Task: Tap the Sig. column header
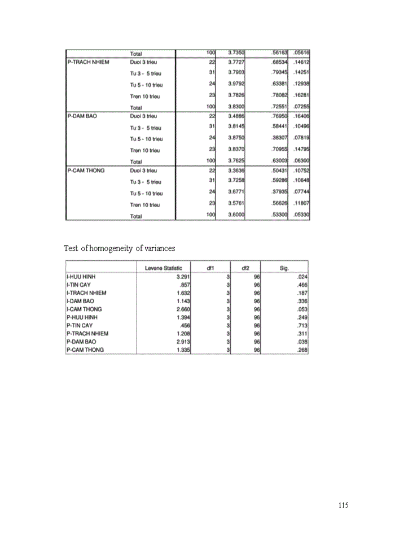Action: click(x=284, y=268)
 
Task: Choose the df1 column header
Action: click(x=209, y=268)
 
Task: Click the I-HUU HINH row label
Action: click(x=81, y=277)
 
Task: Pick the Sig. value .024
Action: click(x=301, y=277)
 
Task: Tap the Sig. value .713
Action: click(x=301, y=326)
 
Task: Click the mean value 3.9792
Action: click(x=235, y=84)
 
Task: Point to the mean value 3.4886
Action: click(x=235, y=116)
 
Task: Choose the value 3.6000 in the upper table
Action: click(x=235, y=215)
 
